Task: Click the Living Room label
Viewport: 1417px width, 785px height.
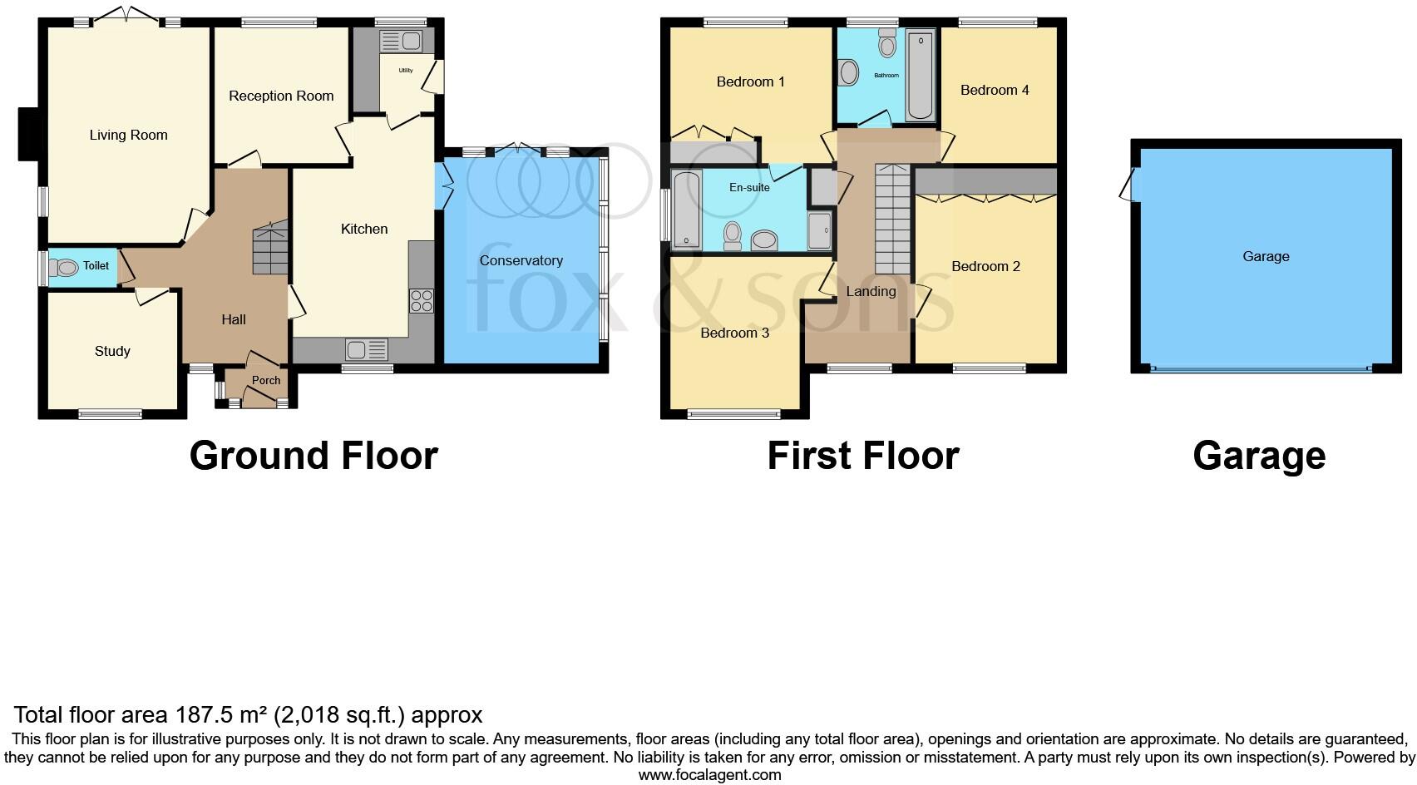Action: [x=128, y=135]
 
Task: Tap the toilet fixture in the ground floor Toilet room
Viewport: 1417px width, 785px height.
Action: [x=67, y=267]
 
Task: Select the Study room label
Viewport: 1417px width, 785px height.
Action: [x=112, y=351]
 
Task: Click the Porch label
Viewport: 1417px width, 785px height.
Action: [x=266, y=380]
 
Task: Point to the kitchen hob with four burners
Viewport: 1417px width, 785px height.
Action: [x=422, y=300]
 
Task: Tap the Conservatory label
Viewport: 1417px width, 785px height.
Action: [x=521, y=260]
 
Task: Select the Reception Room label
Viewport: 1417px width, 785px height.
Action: [x=281, y=96]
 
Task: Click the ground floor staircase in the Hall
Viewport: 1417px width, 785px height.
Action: [x=270, y=249]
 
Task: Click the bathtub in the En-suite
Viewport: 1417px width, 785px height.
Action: [x=686, y=210]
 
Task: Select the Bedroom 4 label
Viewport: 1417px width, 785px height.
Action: [x=995, y=90]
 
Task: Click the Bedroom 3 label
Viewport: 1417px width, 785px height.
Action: [x=734, y=333]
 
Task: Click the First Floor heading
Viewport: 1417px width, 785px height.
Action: [x=863, y=456]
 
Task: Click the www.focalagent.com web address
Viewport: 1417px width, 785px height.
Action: [x=709, y=775]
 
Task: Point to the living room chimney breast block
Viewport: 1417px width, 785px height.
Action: [x=30, y=134]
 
